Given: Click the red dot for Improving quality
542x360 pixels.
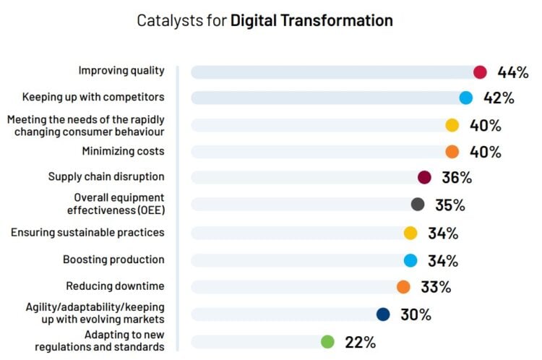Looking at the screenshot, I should pos(480,72).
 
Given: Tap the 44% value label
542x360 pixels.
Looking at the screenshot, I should pos(513,72).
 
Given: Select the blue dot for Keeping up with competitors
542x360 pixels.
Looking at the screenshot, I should pos(466,98).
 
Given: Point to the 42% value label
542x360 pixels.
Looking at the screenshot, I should pos(499,98).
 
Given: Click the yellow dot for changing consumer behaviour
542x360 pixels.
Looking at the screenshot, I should pos(452,125).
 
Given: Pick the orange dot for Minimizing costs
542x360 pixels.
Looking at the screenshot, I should pos(452,152).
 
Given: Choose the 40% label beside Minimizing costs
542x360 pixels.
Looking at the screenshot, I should pos(486,152).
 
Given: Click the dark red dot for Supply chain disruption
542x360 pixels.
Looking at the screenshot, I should pos(424,178).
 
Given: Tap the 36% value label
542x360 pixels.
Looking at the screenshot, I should pos(457,178).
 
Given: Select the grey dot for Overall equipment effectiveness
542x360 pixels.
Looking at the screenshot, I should pos(417,205).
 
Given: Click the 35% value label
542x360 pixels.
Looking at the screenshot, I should pos(450,205).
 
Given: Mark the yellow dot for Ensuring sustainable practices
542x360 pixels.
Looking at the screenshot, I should pos(410,233).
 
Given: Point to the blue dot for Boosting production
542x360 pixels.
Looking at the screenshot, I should pos(410,260).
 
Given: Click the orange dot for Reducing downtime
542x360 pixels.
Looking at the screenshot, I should pos(403,287).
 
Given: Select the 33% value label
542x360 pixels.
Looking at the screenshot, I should pos(436,287).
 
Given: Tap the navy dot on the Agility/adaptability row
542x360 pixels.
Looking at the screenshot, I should pos(383,314).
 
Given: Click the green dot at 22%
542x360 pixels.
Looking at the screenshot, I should pos(327,341).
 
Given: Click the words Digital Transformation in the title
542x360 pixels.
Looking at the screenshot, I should pos(311,20).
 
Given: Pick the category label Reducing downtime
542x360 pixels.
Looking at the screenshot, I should pos(115,286).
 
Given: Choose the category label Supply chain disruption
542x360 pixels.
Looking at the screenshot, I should pos(106,176).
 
